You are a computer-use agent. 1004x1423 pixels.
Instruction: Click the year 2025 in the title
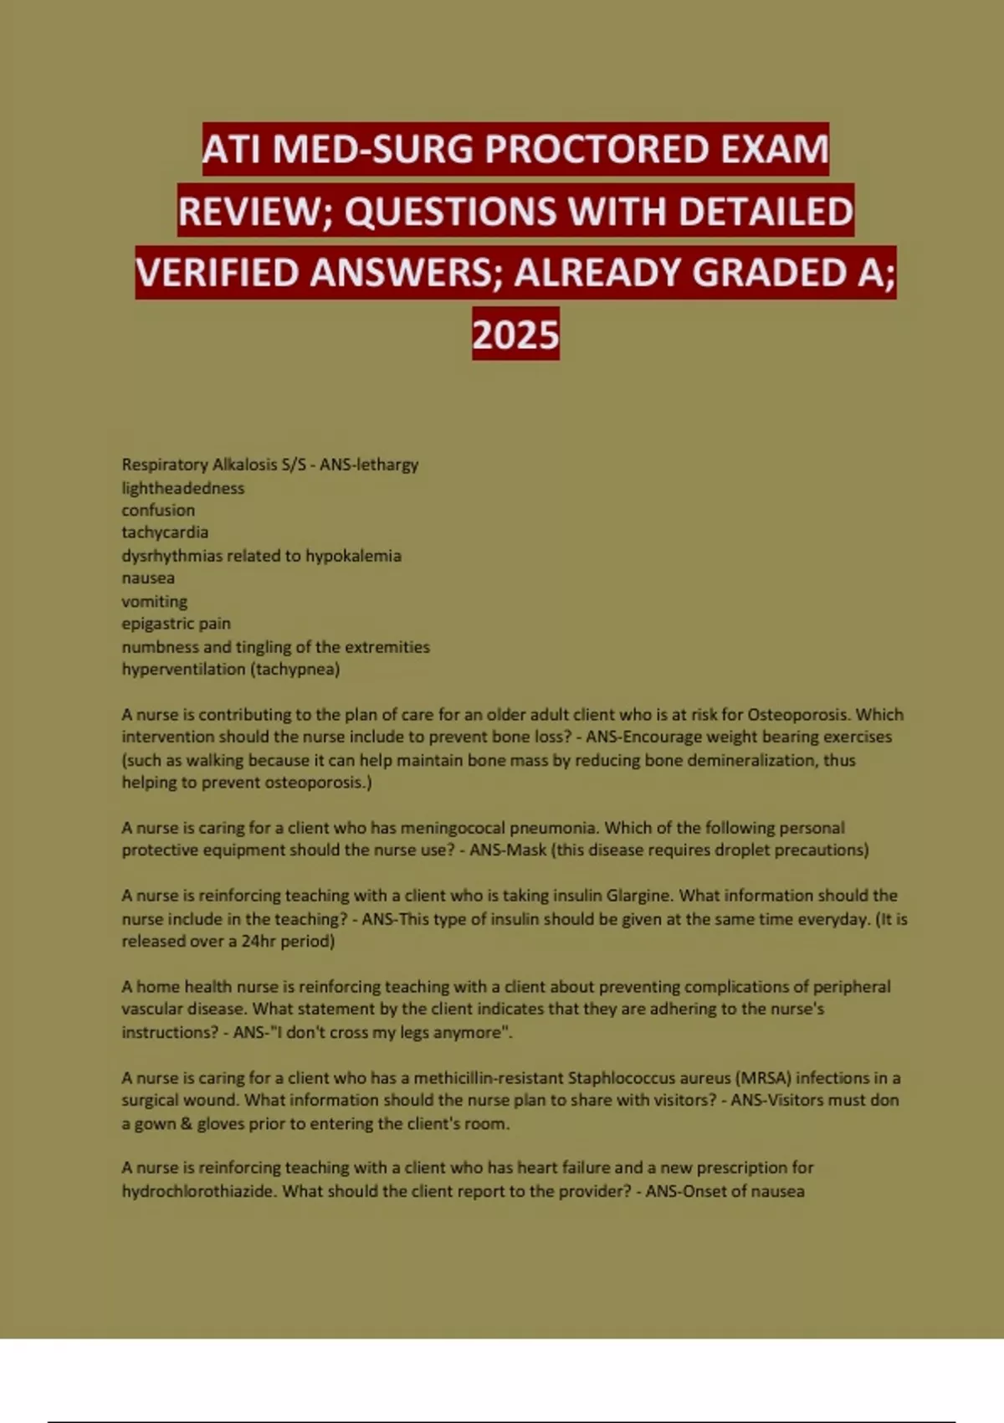(515, 335)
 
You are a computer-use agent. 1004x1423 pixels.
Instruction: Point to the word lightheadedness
(183, 488)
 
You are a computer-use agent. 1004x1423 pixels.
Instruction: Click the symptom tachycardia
(165, 532)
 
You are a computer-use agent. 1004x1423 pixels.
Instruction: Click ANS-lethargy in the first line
(369, 465)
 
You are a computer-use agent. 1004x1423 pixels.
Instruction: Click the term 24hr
(259, 941)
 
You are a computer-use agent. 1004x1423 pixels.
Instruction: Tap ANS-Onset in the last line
(684, 1191)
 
